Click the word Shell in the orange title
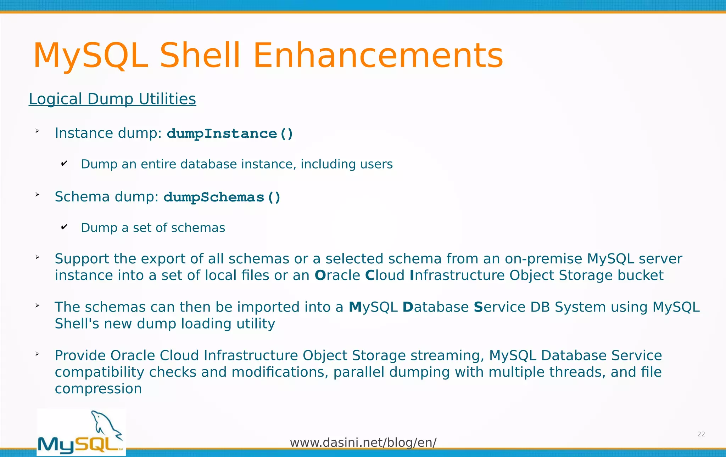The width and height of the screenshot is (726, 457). tap(200, 56)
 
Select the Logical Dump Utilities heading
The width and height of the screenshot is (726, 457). tap(112, 99)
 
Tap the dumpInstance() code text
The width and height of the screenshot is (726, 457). tap(230, 134)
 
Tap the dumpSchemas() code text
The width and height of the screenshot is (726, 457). tap(222, 197)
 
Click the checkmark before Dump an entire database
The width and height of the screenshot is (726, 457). tap(64, 164)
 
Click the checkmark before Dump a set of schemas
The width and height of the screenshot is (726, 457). tap(64, 227)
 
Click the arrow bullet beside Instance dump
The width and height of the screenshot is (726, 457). tap(37, 131)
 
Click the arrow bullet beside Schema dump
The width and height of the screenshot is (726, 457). tap(37, 194)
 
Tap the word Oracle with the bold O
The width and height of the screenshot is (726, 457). tap(337, 275)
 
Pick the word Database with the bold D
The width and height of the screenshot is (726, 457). tap(435, 307)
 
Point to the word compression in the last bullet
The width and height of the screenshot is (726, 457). tap(98, 389)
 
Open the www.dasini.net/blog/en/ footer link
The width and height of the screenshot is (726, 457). tap(363, 442)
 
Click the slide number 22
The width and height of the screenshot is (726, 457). tap(701, 434)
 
